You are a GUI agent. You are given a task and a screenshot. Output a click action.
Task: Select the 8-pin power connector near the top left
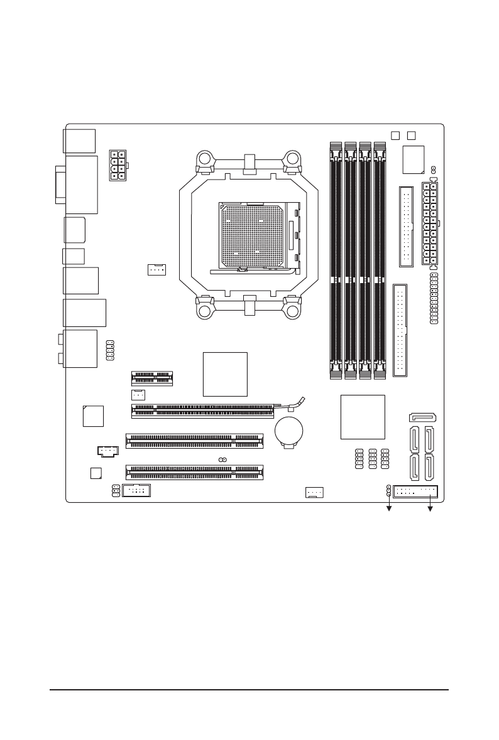point(118,166)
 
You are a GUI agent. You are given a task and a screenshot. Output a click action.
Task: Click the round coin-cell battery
point(289,431)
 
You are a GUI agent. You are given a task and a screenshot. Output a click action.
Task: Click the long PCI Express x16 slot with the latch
point(202,410)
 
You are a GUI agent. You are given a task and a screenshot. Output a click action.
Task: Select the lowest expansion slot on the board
point(195,470)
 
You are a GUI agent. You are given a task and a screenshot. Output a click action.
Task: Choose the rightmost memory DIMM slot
point(379,261)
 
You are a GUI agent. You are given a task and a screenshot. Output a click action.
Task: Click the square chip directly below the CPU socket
point(226,374)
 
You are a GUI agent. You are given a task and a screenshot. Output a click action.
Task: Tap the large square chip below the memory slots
point(362,417)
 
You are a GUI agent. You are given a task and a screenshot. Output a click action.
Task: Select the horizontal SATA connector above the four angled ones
point(424,417)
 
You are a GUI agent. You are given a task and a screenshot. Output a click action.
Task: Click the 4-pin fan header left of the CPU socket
point(156,269)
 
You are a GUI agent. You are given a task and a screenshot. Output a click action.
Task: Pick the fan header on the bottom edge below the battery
point(314,492)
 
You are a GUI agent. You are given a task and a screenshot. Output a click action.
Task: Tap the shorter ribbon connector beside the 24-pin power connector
point(406,226)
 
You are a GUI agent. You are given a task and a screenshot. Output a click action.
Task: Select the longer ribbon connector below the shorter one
point(400,330)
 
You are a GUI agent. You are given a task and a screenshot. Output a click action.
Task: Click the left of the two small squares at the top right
point(395,135)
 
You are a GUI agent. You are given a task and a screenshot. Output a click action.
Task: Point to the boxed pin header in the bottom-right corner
point(416,491)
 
